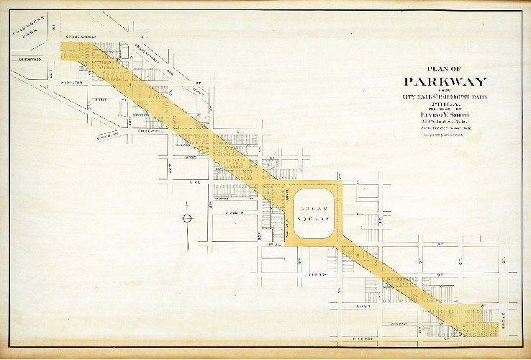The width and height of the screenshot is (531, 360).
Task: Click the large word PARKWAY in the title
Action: pyautogui.click(x=445, y=81)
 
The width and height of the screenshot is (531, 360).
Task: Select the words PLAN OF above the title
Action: pyautogui.click(x=445, y=69)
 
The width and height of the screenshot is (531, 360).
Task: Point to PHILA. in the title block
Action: pyautogui.click(x=445, y=104)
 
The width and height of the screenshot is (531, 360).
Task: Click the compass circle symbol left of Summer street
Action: pyautogui.click(x=186, y=217)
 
